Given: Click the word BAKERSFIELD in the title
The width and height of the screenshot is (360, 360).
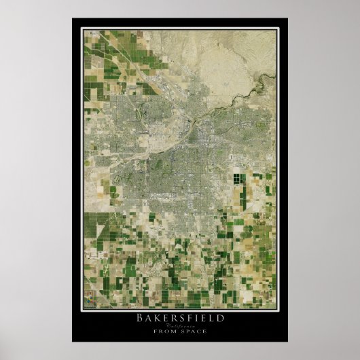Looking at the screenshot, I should pos(180,317).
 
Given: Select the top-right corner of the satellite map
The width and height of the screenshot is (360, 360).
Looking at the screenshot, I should pos(276,29).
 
